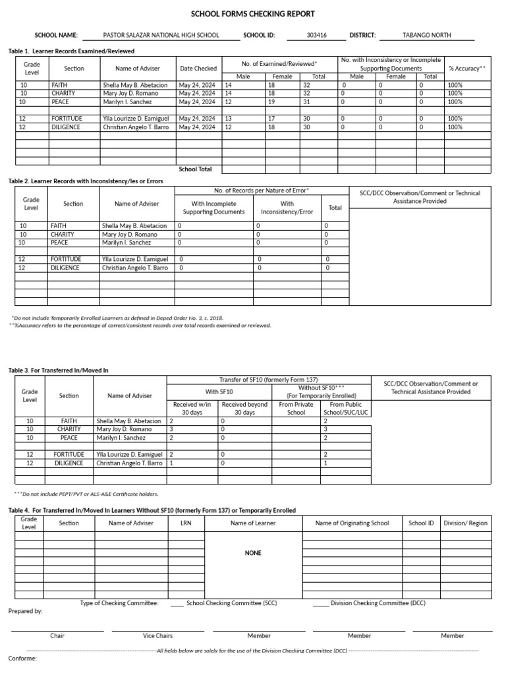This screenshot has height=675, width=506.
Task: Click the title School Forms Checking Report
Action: (253, 14)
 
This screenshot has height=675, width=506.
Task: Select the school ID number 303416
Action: (316, 36)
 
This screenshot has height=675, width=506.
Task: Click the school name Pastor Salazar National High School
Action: (162, 36)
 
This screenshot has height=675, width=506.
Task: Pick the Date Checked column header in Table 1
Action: (198, 69)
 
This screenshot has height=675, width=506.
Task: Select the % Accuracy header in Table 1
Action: (466, 69)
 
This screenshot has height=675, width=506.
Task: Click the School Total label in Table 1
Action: (196, 169)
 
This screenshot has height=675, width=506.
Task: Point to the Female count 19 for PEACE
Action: (271, 102)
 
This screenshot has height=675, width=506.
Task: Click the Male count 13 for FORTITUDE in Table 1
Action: (229, 119)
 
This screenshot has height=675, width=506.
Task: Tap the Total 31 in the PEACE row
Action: (306, 102)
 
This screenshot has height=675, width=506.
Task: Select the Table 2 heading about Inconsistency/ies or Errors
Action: (85, 181)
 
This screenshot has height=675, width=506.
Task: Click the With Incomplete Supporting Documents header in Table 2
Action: (213, 208)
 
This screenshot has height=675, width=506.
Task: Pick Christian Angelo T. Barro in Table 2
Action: (135, 268)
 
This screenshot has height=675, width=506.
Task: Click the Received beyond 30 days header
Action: (244, 409)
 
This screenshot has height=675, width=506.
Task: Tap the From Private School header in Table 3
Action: (296, 409)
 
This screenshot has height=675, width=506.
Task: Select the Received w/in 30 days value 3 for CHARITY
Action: (172, 429)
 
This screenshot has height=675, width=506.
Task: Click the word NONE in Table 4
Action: (253, 553)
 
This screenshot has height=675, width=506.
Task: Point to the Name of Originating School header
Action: (352, 523)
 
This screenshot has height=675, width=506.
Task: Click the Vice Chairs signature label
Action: (157, 636)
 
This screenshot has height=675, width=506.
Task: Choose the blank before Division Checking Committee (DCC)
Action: (321, 603)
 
